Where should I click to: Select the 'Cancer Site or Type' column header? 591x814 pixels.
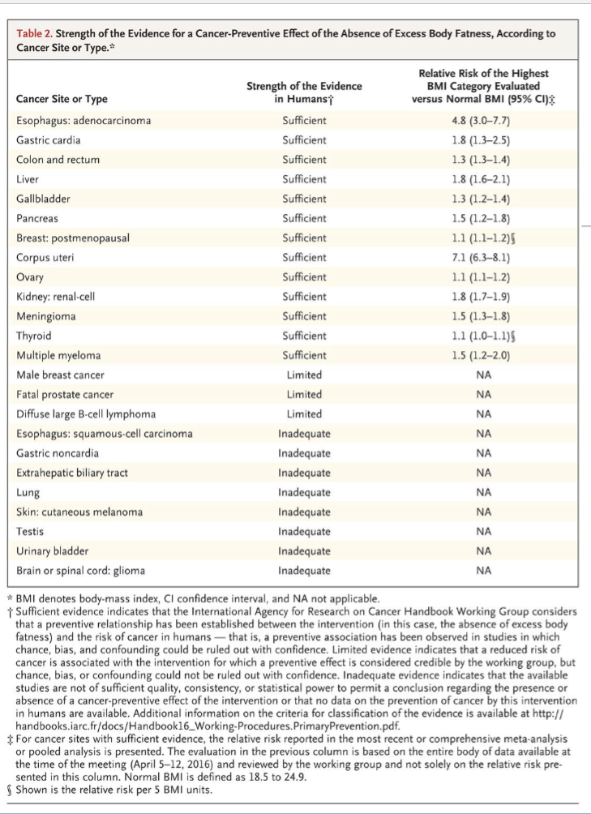click(x=62, y=100)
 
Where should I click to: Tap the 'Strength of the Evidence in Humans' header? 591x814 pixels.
click(x=304, y=92)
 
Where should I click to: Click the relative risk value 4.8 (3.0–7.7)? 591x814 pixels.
click(x=485, y=121)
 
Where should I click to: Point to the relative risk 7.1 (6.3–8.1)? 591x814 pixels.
click(x=485, y=258)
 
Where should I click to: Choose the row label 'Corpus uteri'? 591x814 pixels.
click(x=45, y=258)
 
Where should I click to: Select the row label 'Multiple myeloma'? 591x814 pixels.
click(x=58, y=355)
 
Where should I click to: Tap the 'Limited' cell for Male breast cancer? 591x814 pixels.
click(x=304, y=375)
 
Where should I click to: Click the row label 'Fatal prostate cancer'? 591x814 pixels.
click(x=65, y=395)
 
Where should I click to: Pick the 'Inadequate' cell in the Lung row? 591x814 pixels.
click(x=304, y=492)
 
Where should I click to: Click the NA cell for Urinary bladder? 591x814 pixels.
click(x=485, y=551)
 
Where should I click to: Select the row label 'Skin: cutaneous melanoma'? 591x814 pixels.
click(x=79, y=512)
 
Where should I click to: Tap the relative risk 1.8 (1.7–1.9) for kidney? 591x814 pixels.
click(x=485, y=297)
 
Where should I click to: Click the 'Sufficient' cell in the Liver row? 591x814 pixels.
click(x=304, y=179)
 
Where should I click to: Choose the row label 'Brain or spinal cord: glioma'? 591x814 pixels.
click(x=81, y=571)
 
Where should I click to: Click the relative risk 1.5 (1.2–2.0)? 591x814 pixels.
click(x=485, y=355)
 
